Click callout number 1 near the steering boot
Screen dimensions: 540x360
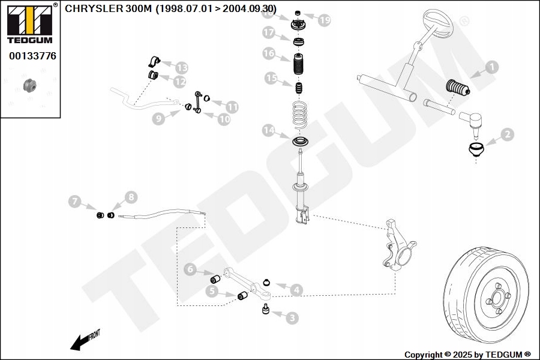click(x=491, y=67)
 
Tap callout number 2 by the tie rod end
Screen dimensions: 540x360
click(x=506, y=134)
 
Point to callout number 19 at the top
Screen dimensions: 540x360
click(x=324, y=20)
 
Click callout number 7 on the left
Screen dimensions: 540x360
click(x=75, y=202)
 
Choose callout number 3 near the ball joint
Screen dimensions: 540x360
click(x=292, y=318)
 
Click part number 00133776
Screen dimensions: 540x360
click(x=32, y=56)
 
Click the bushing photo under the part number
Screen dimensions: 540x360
click(x=29, y=85)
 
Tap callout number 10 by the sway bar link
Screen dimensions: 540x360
click(x=224, y=119)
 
